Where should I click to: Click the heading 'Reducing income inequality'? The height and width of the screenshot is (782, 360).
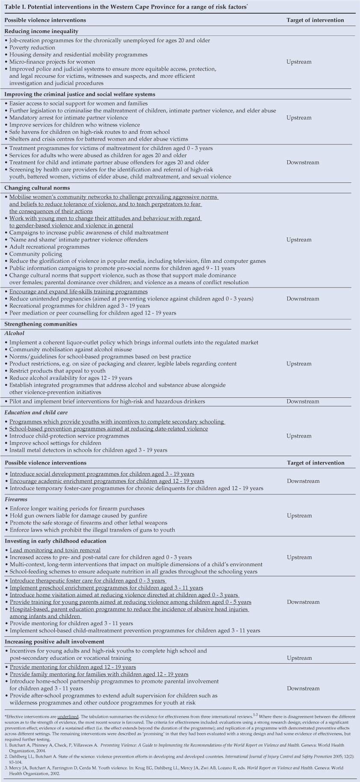tap(41, 32)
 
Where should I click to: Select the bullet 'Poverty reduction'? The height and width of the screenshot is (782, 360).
tap(32, 47)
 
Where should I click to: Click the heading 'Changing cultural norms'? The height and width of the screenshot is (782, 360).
tap(37, 188)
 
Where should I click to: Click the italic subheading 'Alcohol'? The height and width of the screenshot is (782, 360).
tap(15, 333)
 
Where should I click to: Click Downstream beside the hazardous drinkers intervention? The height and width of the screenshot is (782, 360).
tap(303, 401)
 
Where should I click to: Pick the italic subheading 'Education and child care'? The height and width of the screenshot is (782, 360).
tap(36, 413)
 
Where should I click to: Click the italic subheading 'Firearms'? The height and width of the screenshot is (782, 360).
tap(16, 499)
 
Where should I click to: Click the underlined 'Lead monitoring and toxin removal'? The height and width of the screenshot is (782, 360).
tap(55, 550)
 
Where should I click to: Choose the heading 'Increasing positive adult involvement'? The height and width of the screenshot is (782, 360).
tap(54, 642)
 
